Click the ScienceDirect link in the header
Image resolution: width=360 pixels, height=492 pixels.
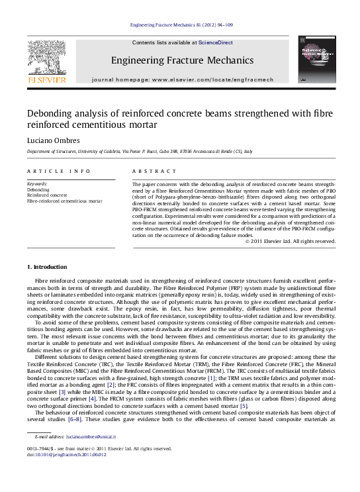tap(216, 42)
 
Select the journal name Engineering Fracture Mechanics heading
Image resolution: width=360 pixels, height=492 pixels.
tap(182, 60)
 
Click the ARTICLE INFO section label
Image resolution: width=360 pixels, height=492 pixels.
tap(58, 171)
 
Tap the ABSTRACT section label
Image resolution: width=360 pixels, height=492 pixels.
tap(150, 171)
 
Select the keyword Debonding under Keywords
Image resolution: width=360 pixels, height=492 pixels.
tap(38, 189)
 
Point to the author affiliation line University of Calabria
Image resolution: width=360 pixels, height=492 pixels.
tap(139, 152)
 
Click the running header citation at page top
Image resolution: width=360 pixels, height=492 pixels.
tap(181, 25)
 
